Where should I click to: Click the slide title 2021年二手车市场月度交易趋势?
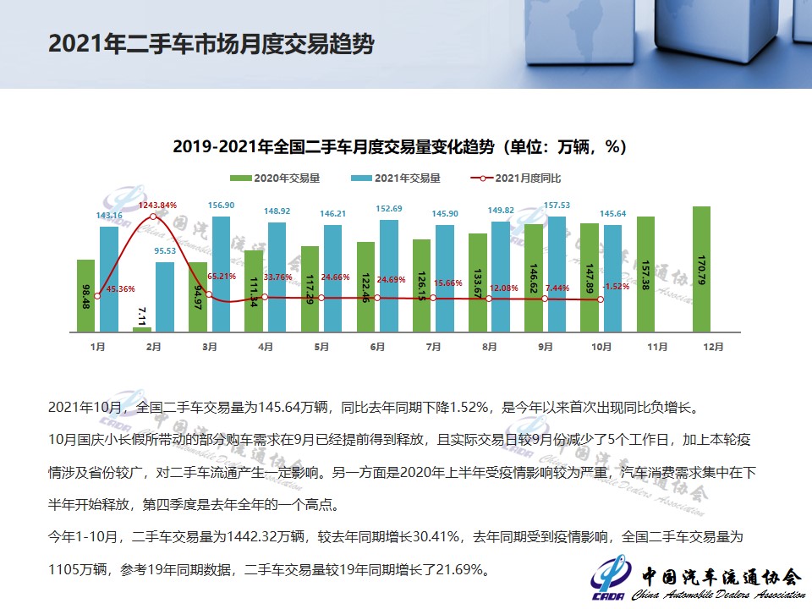pos(211,44)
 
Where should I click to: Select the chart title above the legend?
pos(399,146)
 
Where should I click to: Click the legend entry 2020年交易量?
pos(263,178)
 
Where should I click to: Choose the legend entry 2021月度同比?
pos(518,178)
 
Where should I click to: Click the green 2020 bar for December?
pos(701,268)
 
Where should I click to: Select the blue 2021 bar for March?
pos(221,272)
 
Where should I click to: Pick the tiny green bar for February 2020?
pos(141,328)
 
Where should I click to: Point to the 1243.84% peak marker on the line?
pos(153,217)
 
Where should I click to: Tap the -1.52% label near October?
pos(616,287)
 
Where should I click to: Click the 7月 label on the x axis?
pos(433,347)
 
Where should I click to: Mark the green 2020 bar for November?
pos(645,273)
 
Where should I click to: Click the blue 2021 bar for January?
pos(109,278)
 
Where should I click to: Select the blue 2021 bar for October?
pos(612,277)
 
